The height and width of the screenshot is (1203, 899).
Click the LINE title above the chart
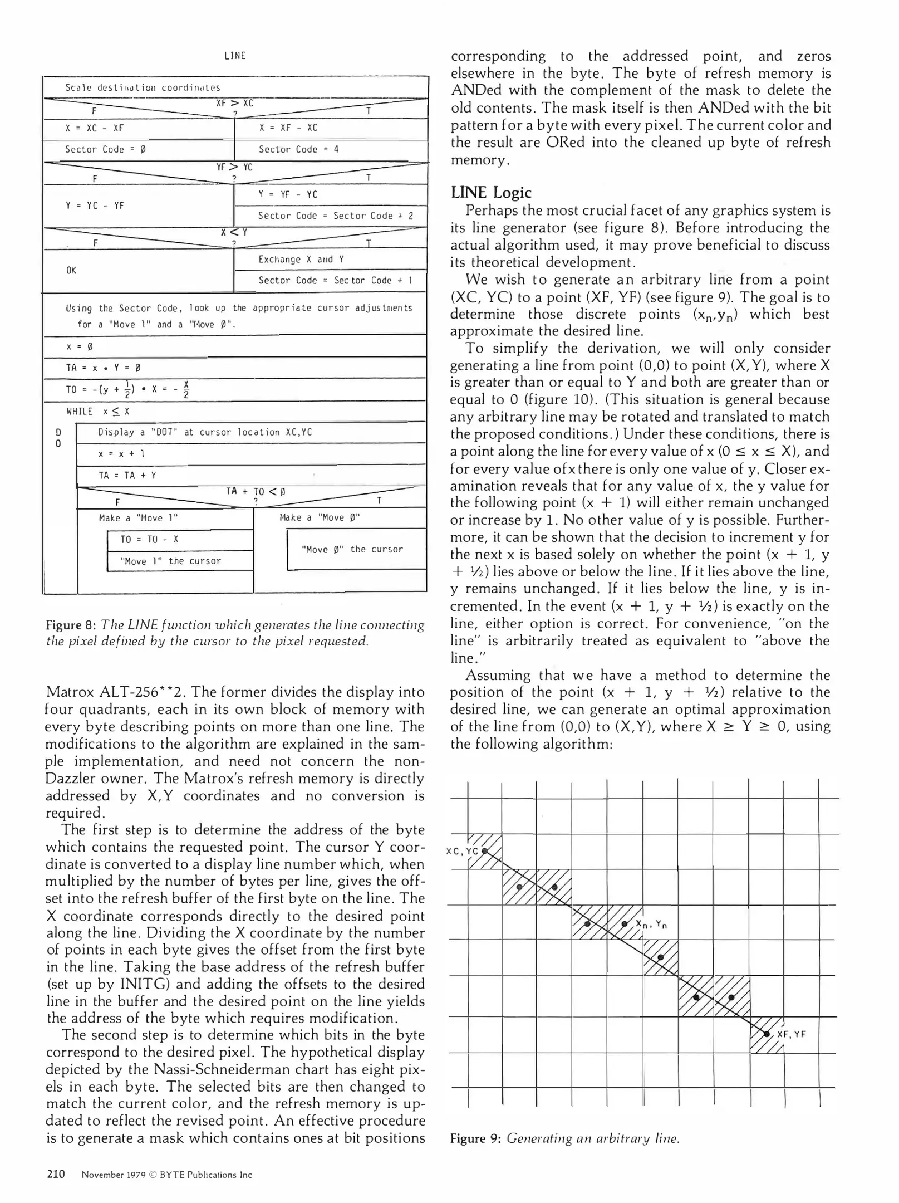click(x=234, y=56)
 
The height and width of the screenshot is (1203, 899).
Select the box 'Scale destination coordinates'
click(x=143, y=88)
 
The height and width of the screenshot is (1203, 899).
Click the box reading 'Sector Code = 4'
click(x=298, y=149)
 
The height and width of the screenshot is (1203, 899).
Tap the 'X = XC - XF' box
click(x=95, y=128)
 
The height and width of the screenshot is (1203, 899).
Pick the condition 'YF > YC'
click(x=234, y=167)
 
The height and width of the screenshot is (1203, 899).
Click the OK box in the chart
click(x=71, y=271)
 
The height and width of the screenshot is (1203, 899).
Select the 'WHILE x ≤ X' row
click(x=98, y=412)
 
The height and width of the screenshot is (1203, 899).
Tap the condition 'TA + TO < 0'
click(x=256, y=492)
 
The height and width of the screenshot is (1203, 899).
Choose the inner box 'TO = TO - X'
click(x=149, y=540)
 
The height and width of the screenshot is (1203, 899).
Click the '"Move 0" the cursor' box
click(x=352, y=549)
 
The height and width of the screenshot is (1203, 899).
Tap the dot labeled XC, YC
click(x=484, y=851)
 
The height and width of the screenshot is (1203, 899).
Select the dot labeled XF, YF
click(x=767, y=1034)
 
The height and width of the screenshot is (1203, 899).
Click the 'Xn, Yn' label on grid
click(x=652, y=925)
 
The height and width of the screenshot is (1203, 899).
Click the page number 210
click(x=56, y=1175)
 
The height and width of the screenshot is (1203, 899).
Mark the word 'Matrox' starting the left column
click(x=70, y=693)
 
